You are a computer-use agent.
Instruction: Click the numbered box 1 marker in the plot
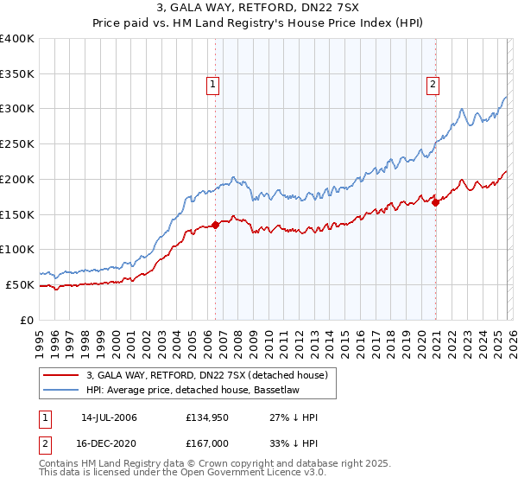point(212,84)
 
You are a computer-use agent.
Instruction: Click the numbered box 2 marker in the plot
point(433,84)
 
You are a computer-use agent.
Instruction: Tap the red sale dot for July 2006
point(215,225)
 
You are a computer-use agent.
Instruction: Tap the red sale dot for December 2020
point(436,202)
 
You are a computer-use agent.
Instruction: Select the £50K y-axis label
point(20,284)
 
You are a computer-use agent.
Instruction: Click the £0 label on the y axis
point(27,320)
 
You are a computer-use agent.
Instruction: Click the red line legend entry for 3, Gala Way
point(206,376)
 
